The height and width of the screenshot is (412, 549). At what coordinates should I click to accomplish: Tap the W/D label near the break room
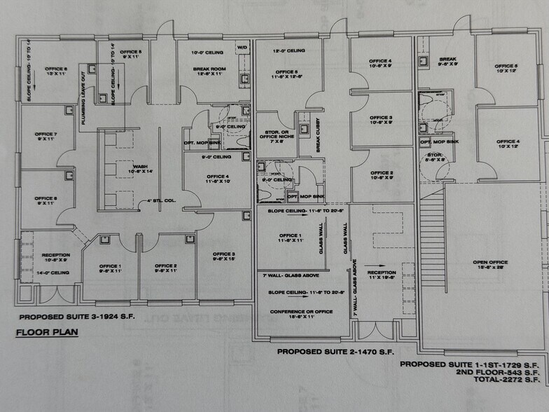click(242, 48)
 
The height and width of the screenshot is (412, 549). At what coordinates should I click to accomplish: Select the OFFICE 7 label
click(46, 136)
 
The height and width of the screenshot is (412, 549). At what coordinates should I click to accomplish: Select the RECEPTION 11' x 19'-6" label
click(382, 274)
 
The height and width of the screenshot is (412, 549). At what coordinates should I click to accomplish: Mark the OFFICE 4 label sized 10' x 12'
click(508, 144)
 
